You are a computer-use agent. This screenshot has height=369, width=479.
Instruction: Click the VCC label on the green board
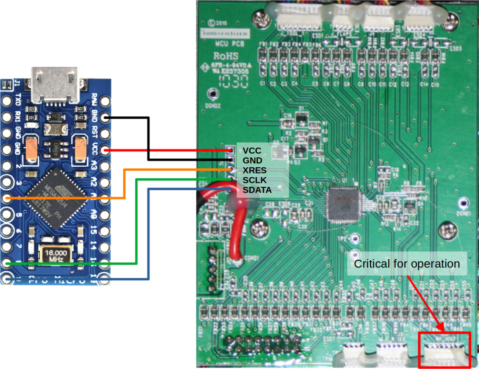click(x=252, y=150)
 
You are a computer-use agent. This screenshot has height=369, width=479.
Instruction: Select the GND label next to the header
click(x=252, y=161)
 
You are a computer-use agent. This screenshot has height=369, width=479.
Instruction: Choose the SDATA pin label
click(x=257, y=190)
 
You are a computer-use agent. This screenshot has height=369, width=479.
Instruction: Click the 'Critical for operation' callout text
click(x=407, y=264)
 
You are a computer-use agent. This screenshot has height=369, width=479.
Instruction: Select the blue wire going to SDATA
click(x=149, y=230)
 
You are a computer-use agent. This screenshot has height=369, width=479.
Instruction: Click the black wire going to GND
click(x=148, y=139)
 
